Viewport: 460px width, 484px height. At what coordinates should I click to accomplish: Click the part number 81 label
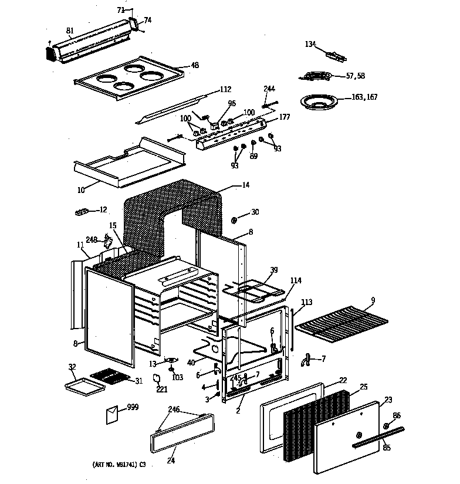pyautogui.click(x=70, y=30)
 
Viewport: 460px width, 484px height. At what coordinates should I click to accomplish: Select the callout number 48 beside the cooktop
pyautogui.click(x=195, y=65)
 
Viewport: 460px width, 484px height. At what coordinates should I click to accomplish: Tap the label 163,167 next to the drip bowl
pyautogui.click(x=364, y=97)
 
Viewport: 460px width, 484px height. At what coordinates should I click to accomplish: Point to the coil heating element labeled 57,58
pyautogui.click(x=314, y=75)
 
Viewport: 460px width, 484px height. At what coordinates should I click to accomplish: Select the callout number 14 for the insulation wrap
pyautogui.click(x=245, y=185)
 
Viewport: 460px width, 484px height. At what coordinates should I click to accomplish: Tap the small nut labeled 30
pyautogui.click(x=234, y=220)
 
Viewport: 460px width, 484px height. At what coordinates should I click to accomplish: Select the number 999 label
pyautogui.click(x=133, y=407)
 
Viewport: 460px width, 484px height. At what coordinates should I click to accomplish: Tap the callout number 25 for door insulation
pyautogui.click(x=363, y=387)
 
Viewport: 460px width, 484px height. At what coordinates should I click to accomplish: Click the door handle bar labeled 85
pyautogui.click(x=377, y=437)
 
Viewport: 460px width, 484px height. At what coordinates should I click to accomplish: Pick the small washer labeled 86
pyautogui.click(x=387, y=425)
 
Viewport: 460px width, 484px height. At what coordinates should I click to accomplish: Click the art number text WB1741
pyautogui.click(x=117, y=464)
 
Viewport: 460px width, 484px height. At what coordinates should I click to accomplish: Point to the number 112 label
pyautogui.click(x=225, y=89)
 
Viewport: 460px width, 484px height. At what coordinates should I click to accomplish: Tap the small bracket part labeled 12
pyautogui.click(x=85, y=210)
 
